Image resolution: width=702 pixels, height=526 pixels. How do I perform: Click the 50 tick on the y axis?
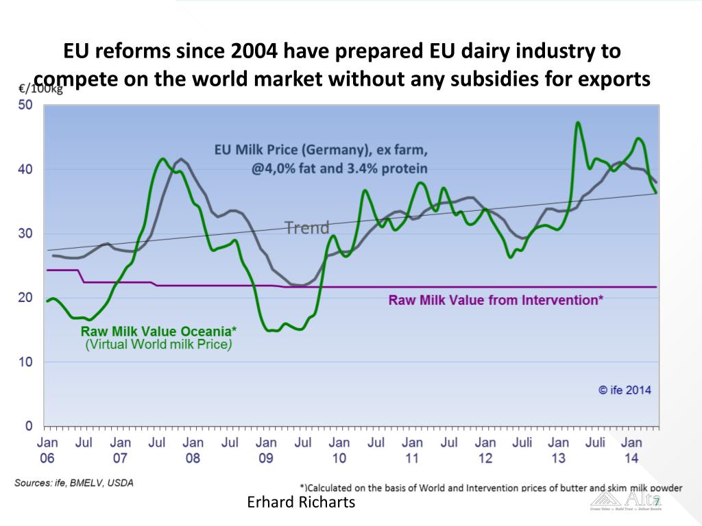point(25,105)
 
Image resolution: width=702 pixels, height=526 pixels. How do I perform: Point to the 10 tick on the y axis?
point(25,362)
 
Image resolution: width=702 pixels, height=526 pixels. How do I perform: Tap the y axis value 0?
point(29,426)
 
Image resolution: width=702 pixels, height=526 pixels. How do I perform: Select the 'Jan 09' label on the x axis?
point(266,451)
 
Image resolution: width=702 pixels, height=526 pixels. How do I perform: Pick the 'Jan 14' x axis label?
point(631,451)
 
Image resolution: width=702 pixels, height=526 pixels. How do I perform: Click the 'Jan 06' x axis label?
point(47,451)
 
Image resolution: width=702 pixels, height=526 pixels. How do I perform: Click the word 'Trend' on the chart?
point(306,227)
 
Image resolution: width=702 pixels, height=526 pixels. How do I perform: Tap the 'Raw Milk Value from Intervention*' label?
point(496,300)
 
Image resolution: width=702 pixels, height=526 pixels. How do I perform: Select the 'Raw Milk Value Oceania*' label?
point(159,331)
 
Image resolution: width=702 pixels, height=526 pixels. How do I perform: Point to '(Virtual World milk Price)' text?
point(158,345)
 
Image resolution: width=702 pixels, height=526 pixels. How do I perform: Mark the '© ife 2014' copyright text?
point(625,390)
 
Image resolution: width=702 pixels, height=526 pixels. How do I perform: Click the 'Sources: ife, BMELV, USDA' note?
point(74,482)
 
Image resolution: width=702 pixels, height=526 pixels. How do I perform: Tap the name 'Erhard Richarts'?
point(301,503)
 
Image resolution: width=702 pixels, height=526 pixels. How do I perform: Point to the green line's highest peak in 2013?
point(578,123)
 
